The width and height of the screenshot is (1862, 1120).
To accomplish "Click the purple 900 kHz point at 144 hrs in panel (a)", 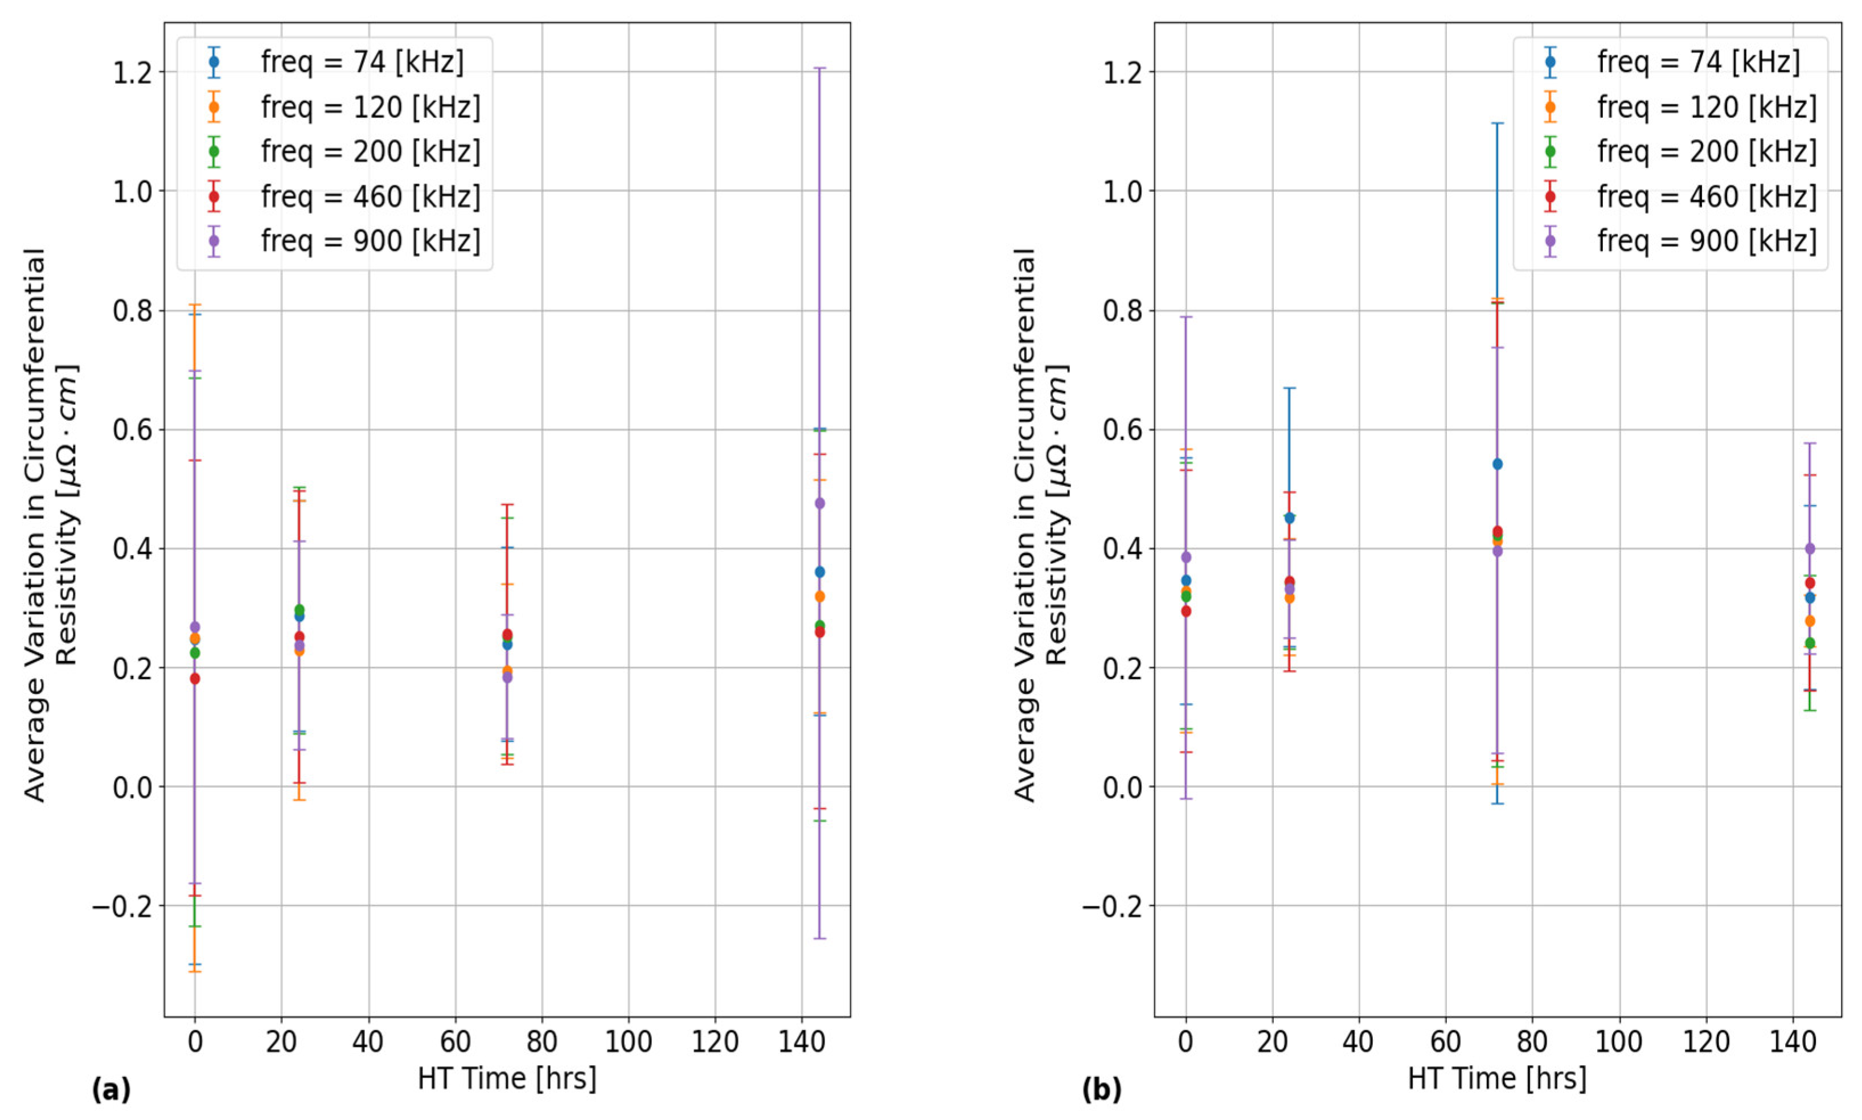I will pyautogui.click(x=819, y=503).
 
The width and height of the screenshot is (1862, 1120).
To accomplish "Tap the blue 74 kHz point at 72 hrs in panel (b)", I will pyautogui.click(x=1498, y=463).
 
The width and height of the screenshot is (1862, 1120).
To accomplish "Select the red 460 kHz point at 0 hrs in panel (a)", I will pyautogui.click(x=195, y=679).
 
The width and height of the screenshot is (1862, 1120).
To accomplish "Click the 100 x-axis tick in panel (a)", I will pyautogui.click(x=628, y=1042).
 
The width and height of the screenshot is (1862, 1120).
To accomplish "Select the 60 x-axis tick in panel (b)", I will pyautogui.click(x=1445, y=1042).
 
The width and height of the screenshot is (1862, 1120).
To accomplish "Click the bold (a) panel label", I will pyautogui.click(x=111, y=1090).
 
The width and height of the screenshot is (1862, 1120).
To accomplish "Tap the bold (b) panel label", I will pyautogui.click(x=1101, y=1090).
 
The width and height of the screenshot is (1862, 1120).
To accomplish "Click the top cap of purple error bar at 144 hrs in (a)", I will pyautogui.click(x=819, y=68).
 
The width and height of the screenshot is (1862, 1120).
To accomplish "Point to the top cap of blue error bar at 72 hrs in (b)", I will pyautogui.click(x=1498, y=123).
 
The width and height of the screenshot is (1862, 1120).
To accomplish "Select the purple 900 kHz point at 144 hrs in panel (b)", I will pyautogui.click(x=1809, y=549).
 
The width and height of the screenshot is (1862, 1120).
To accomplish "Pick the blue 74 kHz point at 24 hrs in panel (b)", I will pyautogui.click(x=1289, y=518).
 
